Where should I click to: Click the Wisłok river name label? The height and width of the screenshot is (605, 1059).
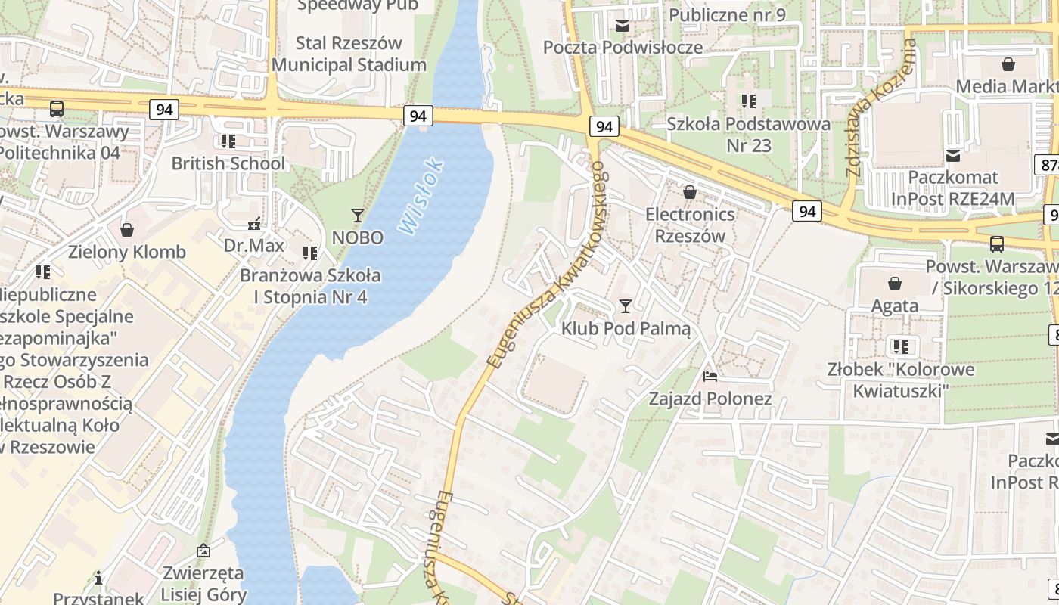[420, 195]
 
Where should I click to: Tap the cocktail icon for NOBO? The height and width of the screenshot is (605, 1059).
[358, 216]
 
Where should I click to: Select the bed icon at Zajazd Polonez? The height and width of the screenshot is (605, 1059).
[710, 376]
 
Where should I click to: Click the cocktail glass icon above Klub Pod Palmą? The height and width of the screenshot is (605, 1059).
[625, 306]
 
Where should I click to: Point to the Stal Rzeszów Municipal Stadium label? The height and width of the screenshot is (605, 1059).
[349, 54]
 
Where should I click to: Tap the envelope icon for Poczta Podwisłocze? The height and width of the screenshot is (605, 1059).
[623, 26]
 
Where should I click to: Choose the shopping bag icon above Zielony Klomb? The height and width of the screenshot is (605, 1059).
[127, 229]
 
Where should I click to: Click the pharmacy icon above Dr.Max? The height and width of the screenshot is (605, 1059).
[254, 223]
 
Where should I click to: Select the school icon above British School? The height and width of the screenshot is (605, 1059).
[228, 141]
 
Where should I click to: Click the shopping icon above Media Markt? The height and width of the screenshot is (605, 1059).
[1008, 64]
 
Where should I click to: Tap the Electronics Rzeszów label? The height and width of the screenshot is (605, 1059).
[690, 225]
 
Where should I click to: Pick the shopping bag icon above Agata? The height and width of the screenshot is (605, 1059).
[895, 284]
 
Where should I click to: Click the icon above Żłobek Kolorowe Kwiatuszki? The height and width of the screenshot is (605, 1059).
[900, 347]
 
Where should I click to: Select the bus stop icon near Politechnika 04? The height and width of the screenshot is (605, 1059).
[57, 109]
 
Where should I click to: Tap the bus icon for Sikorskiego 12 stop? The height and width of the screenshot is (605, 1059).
[997, 244]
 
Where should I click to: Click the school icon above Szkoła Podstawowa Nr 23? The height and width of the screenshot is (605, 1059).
[749, 101]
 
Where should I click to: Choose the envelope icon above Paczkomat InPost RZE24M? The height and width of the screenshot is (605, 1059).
[953, 155]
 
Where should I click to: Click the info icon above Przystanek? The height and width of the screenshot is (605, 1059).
[98, 579]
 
